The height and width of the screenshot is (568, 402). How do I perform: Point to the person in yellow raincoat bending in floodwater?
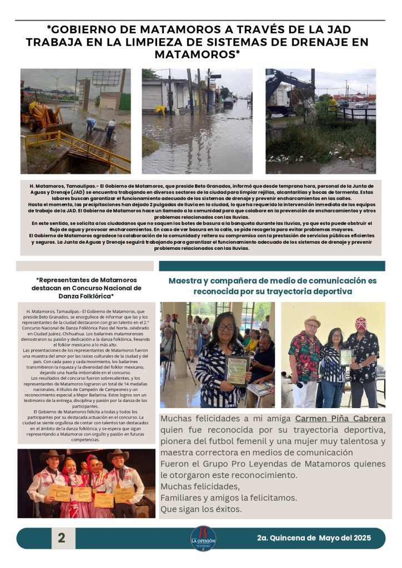click(160, 110)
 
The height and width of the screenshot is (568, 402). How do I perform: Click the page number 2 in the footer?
click(61, 537)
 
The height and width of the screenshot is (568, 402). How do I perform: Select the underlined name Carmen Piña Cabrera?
click(340, 419)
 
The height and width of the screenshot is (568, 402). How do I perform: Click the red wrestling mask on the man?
click(361, 324)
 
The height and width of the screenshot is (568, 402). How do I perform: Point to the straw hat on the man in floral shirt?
click(313, 321)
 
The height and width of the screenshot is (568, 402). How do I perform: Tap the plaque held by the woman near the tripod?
click(237, 370)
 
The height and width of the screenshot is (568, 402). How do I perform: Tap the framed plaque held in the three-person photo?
click(346, 356)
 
